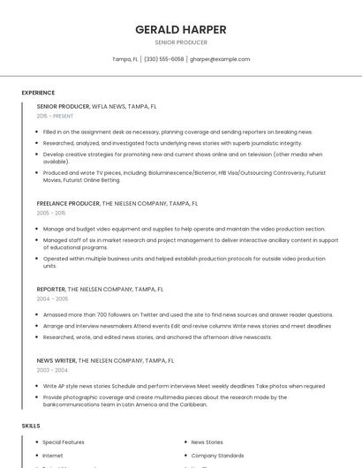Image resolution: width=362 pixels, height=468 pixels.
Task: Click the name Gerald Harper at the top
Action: tap(181, 29)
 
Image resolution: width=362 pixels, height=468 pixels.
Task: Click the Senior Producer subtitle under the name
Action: tap(181, 42)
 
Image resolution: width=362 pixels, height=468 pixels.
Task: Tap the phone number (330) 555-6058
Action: tap(164, 59)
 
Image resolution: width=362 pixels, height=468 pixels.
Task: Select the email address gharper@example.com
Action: tap(220, 59)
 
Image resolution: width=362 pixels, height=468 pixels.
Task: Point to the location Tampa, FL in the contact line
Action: tap(124, 59)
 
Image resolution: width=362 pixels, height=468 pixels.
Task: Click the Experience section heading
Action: tap(38, 93)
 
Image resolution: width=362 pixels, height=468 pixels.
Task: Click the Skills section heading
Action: tap(31, 426)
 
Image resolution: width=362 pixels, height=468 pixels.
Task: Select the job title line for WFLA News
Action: tap(96, 106)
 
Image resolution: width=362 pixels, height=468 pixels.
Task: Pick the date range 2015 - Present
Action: tap(55, 116)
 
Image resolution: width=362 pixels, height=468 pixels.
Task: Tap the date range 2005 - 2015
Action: tap(51, 213)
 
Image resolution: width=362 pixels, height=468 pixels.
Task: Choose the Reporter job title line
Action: tap(100, 289)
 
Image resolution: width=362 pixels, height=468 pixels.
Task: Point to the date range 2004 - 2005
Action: tap(52, 298)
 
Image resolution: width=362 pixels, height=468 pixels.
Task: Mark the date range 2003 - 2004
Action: tap(52, 370)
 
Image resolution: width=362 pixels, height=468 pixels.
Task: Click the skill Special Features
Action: tap(64, 442)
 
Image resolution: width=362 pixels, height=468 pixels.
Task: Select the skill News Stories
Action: tap(207, 442)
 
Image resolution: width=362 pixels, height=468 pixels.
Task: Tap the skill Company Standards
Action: tap(217, 455)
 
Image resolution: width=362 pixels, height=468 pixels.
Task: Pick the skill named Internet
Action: tap(54, 455)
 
